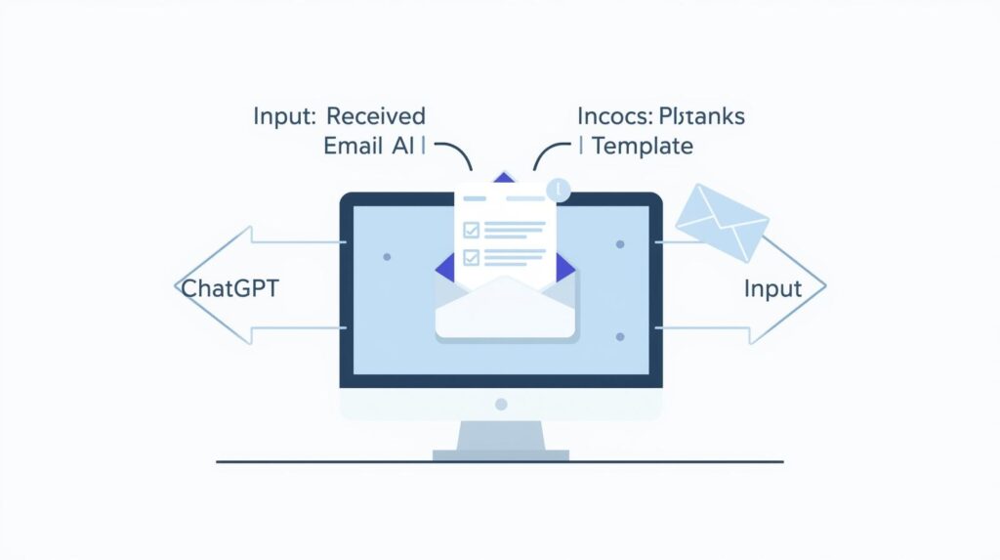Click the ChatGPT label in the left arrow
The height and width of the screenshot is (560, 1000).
[x=229, y=288]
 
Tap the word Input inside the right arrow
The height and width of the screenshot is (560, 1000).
[x=772, y=288]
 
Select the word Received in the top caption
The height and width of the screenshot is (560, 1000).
[x=376, y=116]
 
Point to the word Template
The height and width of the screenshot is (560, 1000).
[x=642, y=147]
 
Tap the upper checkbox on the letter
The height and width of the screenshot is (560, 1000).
[x=471, y=230]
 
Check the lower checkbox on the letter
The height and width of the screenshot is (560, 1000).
[x=471, y=258]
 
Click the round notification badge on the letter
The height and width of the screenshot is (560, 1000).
[x=559, y=190]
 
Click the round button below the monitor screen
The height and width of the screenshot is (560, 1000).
[x=501, y=404]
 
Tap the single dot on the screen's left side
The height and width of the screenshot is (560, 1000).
[x=387, y=257]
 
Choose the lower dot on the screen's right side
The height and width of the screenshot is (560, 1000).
[x=620, y=336]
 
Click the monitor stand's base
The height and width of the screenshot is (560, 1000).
[x=501, y=453]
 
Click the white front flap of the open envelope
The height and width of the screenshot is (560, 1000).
[x=505, y=311]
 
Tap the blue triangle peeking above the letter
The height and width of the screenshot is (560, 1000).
[x=504, y=178]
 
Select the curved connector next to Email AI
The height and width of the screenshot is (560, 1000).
[x=454, y=152]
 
